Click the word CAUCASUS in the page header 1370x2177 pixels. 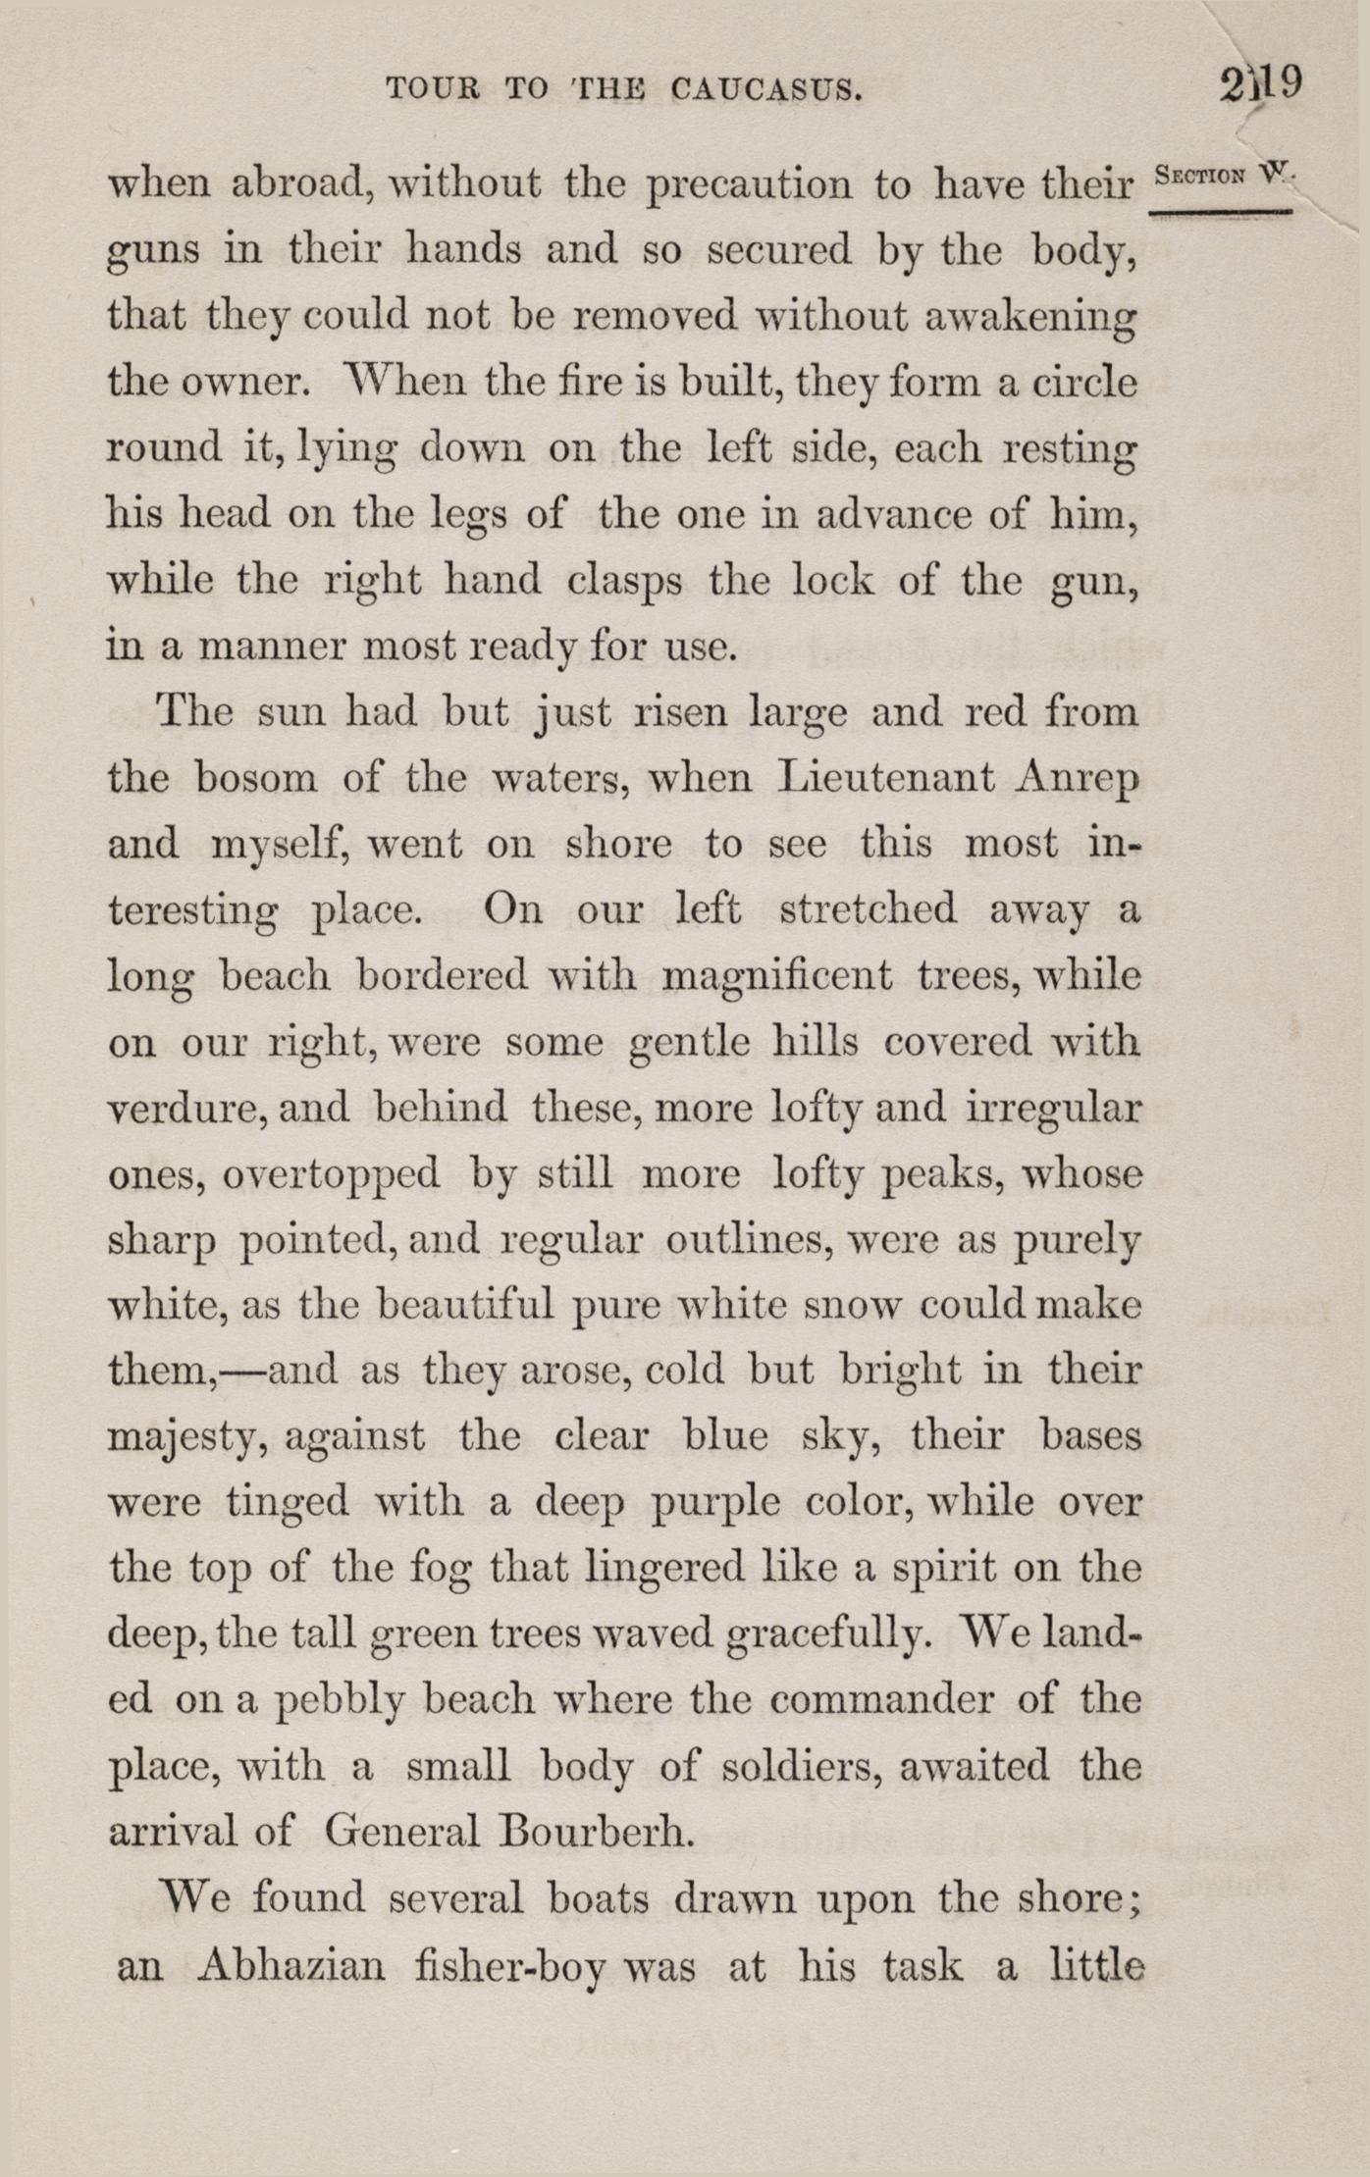pos(767,90)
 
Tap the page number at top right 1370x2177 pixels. pos(1261,83)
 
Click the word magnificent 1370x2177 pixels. pos(777,977)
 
